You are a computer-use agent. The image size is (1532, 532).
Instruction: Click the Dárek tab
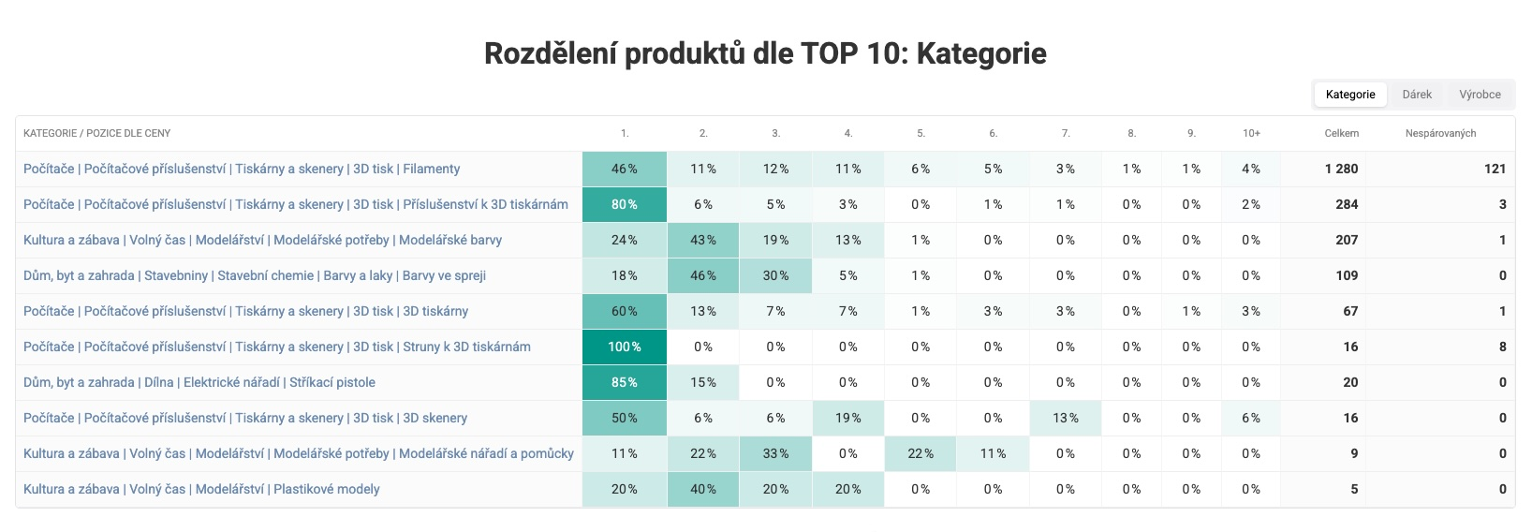click(1417, 95)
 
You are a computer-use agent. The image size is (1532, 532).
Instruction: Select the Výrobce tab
click(1480, 95)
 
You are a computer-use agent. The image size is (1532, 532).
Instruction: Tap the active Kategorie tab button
click(1350, 95)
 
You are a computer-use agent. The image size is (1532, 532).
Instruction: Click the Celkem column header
click(1341, 133)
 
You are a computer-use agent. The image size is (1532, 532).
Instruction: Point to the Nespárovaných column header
click(1440, 133)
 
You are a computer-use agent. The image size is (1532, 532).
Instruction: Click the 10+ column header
click(1251, 133)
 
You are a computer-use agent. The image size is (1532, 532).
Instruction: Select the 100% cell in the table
click(625, 347)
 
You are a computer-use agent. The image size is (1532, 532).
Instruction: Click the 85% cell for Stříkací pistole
click(625, 382)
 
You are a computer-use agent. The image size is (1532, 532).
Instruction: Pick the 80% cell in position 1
click(625, 204)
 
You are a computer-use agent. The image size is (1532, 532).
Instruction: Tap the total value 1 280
click(1341, 169)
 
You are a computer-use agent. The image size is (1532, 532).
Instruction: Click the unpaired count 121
click(1495, 169)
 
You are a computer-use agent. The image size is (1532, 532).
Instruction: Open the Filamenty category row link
click(242, 169)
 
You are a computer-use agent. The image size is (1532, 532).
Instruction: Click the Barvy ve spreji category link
click(255, 275)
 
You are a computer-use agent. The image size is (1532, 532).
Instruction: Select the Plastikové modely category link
click(201, 489)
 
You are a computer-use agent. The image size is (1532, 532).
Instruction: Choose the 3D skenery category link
click(245, 418)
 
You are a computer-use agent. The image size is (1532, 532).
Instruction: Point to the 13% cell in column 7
click(1066, 418)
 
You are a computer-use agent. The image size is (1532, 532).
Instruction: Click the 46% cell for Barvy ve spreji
click(703, 275)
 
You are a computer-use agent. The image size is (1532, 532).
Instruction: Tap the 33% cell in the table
click(775, 453)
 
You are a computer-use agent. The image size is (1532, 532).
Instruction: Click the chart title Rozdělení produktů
click(765, 53)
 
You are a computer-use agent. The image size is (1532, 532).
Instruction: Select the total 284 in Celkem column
click(1347, 204)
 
